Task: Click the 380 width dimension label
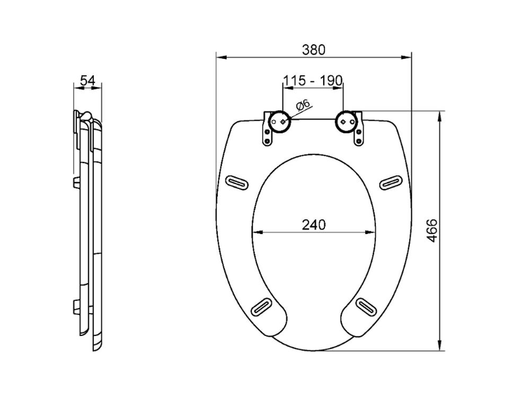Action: click(313, 50)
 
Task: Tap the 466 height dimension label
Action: click(431, 230)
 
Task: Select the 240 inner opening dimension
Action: click(314, 225)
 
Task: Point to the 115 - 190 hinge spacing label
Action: click(313, 81)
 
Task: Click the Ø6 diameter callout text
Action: click(303, 105)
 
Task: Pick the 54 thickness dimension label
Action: click(87, 81)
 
